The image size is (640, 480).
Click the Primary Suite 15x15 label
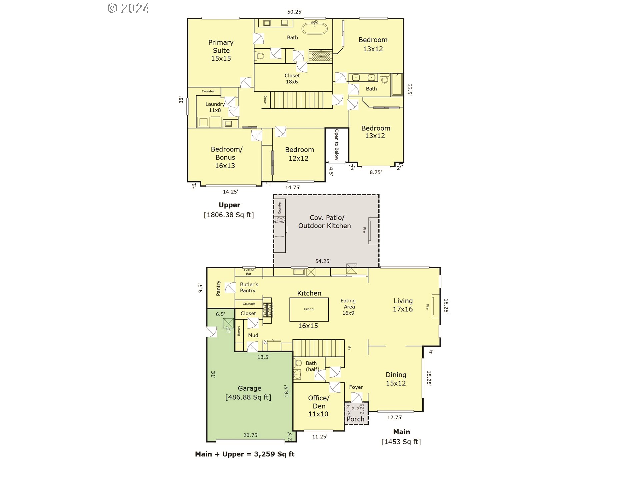[221, 50]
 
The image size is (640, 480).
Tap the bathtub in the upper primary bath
[314, 28]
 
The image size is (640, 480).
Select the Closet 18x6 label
[292, 79]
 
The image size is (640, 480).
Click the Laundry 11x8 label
[215, 107]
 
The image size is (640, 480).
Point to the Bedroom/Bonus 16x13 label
[226, 157]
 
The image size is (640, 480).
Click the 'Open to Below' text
[336, 145]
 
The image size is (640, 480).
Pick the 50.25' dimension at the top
[295, 12]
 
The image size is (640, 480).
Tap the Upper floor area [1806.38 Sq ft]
[229, 215]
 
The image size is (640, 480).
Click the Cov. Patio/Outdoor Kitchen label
[325, 222]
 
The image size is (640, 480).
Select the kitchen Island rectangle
[309, 309]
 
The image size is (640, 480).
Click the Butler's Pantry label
[249, 287]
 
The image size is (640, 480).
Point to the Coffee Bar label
[249, 272]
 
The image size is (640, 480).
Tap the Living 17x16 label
[403, 305]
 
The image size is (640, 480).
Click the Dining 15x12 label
[396, 379]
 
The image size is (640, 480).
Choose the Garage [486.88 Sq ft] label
[249, 393]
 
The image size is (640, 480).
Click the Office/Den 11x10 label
[318, 406]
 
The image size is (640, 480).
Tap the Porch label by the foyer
[355, 419]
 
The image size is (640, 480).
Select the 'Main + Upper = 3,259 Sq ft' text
[245, 454]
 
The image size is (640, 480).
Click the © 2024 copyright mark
[128, 8]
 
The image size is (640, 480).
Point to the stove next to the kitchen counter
[268, 310]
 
